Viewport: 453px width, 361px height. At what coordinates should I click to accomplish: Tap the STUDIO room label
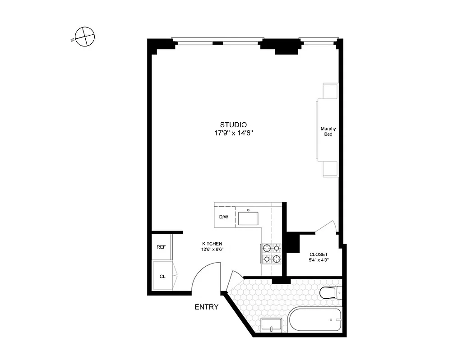coord(233,125)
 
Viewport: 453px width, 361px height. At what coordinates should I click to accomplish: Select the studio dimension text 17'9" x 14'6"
coord(233,134)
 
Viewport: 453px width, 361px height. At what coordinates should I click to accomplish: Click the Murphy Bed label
coord(328,131)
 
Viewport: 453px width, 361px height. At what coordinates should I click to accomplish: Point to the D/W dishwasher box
coord(223,217)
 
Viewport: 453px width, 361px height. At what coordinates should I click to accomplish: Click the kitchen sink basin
coord(249,218)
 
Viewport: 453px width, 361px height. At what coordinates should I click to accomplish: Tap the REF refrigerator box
coord(161,247)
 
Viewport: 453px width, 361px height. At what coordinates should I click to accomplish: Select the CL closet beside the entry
coord(162,276)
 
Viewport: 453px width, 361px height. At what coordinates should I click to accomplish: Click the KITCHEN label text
coord(212,244)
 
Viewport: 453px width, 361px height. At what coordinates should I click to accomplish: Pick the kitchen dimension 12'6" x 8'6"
coord(212,250)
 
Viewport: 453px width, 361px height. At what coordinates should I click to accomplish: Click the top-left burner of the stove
coord(266,248)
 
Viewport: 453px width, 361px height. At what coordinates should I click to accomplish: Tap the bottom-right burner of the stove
coord(276,259)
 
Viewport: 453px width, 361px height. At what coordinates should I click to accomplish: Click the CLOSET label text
coord(319,255)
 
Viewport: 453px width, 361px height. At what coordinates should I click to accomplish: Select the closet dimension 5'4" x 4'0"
coord(319,260)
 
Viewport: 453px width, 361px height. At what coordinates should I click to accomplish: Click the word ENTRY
coord(206,307)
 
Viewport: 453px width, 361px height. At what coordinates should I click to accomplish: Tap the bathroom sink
coord(271,325)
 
